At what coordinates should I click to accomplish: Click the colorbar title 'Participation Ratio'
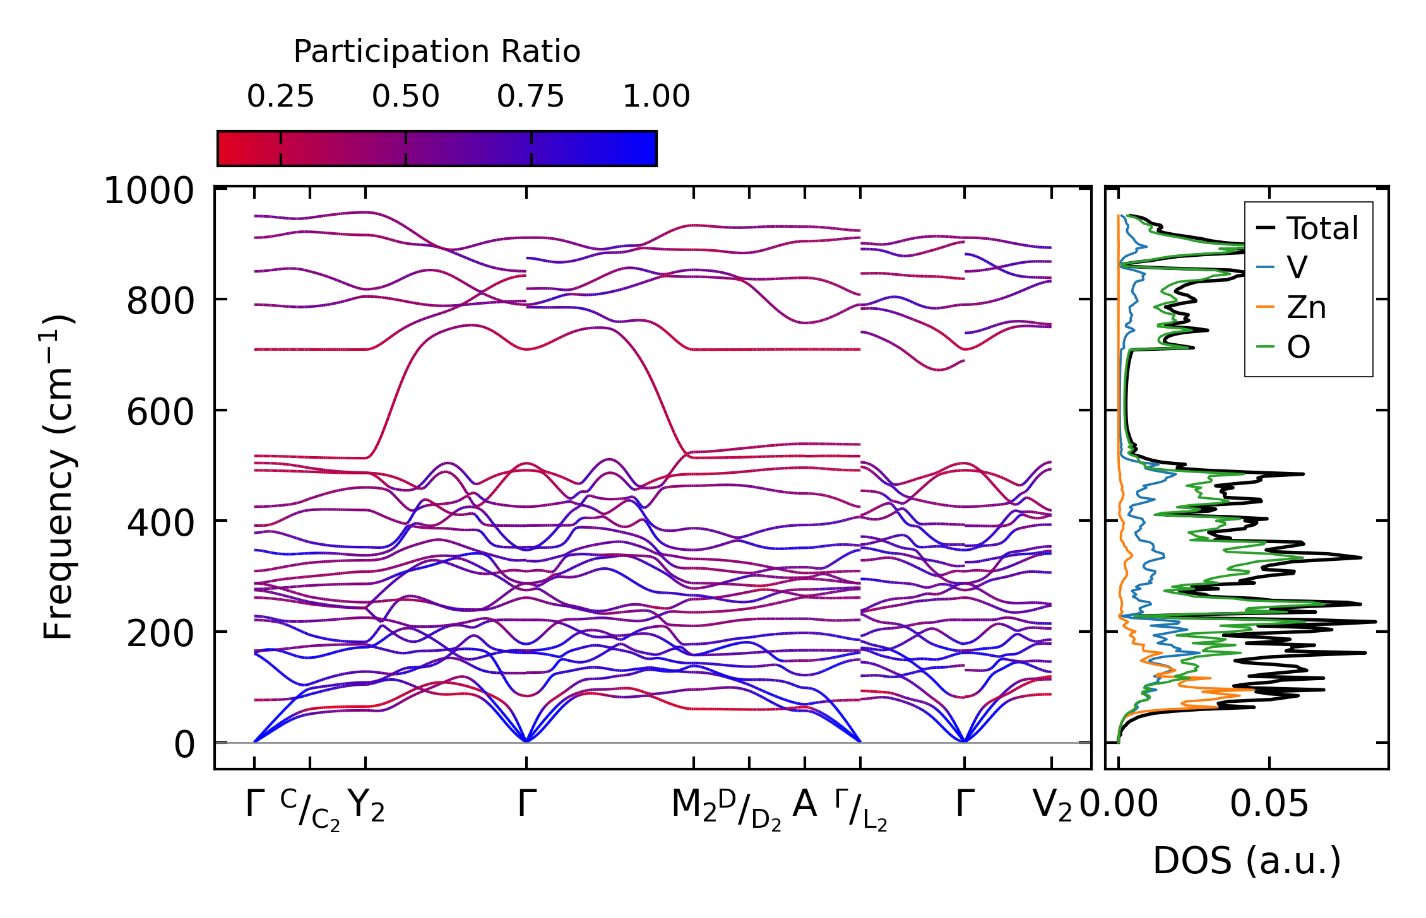click(437, 52)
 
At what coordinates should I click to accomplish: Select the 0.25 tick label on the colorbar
click(280, 97)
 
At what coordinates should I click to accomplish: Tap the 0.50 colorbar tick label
click(405, 97)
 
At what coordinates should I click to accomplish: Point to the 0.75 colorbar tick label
click(530, 97)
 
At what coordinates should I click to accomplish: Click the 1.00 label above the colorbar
click(656, 97)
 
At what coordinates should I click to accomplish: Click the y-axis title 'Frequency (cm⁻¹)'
click(58, 477)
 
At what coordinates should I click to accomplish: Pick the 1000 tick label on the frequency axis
click(149, 191)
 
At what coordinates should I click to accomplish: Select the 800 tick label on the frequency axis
click(160, 301)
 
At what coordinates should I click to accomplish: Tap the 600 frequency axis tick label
click(160, 412)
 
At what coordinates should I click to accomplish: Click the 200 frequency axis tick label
click(160, 633)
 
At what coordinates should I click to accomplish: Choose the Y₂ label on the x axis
click(366, 806)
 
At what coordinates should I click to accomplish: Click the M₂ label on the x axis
click(694, 806)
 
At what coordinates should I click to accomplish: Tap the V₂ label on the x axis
click(1052, 806)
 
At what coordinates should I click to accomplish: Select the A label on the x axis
click(804, 804)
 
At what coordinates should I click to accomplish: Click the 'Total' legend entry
click(1322, 228)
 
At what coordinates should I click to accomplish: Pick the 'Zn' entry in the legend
click(1306, 307)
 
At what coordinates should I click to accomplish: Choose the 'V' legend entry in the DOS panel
click(1297, 268)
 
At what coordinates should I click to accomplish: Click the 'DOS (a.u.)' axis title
click(1247, 861)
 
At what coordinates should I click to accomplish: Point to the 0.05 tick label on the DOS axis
click(1269, 805)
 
